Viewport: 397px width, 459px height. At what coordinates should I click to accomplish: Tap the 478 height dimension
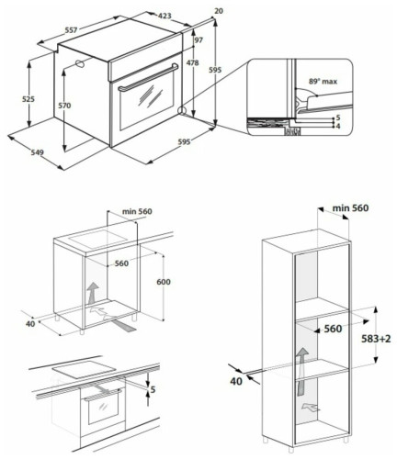pos(192,63)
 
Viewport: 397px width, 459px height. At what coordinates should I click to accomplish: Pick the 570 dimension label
pos(64,106)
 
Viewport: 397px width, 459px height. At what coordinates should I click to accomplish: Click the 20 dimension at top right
pos(218,11)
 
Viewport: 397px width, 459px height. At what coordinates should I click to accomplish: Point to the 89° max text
pos(323,82)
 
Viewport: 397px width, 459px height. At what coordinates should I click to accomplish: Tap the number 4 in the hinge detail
pos(338,126)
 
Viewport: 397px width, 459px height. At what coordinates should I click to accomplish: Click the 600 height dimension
pos(164,282)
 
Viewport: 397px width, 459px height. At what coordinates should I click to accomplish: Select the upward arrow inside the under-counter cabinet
pos(93,297)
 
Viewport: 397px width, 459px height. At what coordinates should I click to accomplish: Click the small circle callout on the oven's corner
pos(184,112)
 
